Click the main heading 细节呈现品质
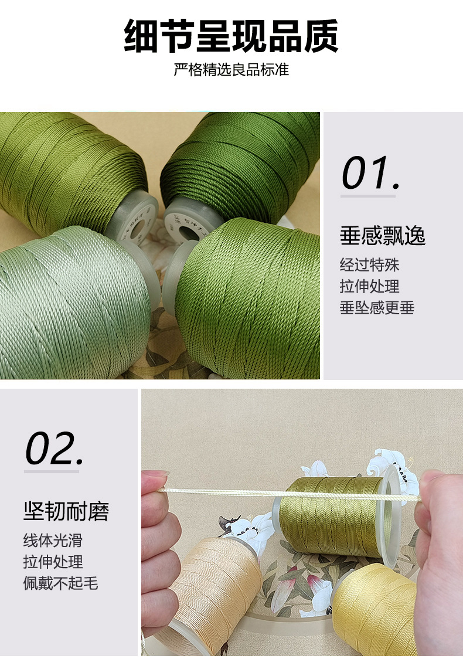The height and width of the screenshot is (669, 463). click(231, 37)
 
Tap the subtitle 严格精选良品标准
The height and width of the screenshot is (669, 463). click(231, 70)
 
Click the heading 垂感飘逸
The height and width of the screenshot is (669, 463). click(382, 236)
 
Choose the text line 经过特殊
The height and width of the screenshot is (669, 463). click(369, 264)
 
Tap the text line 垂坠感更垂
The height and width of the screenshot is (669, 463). click(377, 307)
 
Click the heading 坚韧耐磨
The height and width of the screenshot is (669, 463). click(66, 511)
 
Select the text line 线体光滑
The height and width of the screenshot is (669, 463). click(53, 540)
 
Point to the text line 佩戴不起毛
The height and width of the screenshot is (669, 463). click(60, 583)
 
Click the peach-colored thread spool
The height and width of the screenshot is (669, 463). click(217, 592)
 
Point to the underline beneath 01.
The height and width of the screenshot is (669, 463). click(368, 196)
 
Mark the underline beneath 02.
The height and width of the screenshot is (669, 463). click(52, 471)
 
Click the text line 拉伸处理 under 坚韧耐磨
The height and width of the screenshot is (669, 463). click(53, 562)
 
